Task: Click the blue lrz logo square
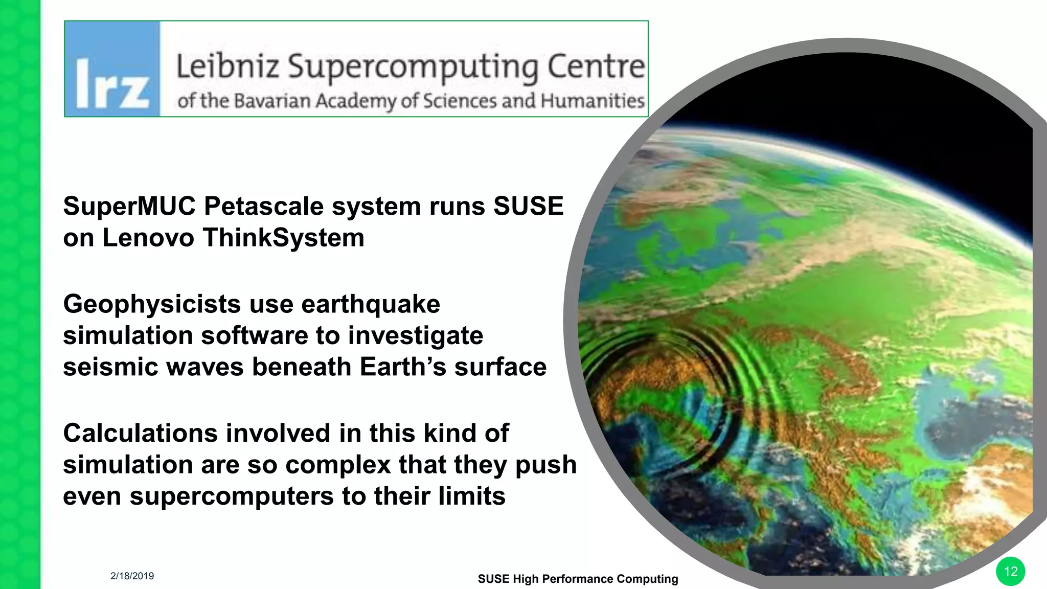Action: click(112, 69)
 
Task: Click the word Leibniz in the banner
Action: click(227, 66)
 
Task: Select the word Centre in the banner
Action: click(596, 66)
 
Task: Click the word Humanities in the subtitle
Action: click(593, 101)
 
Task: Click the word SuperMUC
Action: click(129, 207)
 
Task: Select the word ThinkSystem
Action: click(283, 238)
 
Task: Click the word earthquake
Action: click(371, 305)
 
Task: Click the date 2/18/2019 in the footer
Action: click(132, 576)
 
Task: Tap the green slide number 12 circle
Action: click(1010, 572)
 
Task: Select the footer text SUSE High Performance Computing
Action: click(578, 579)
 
